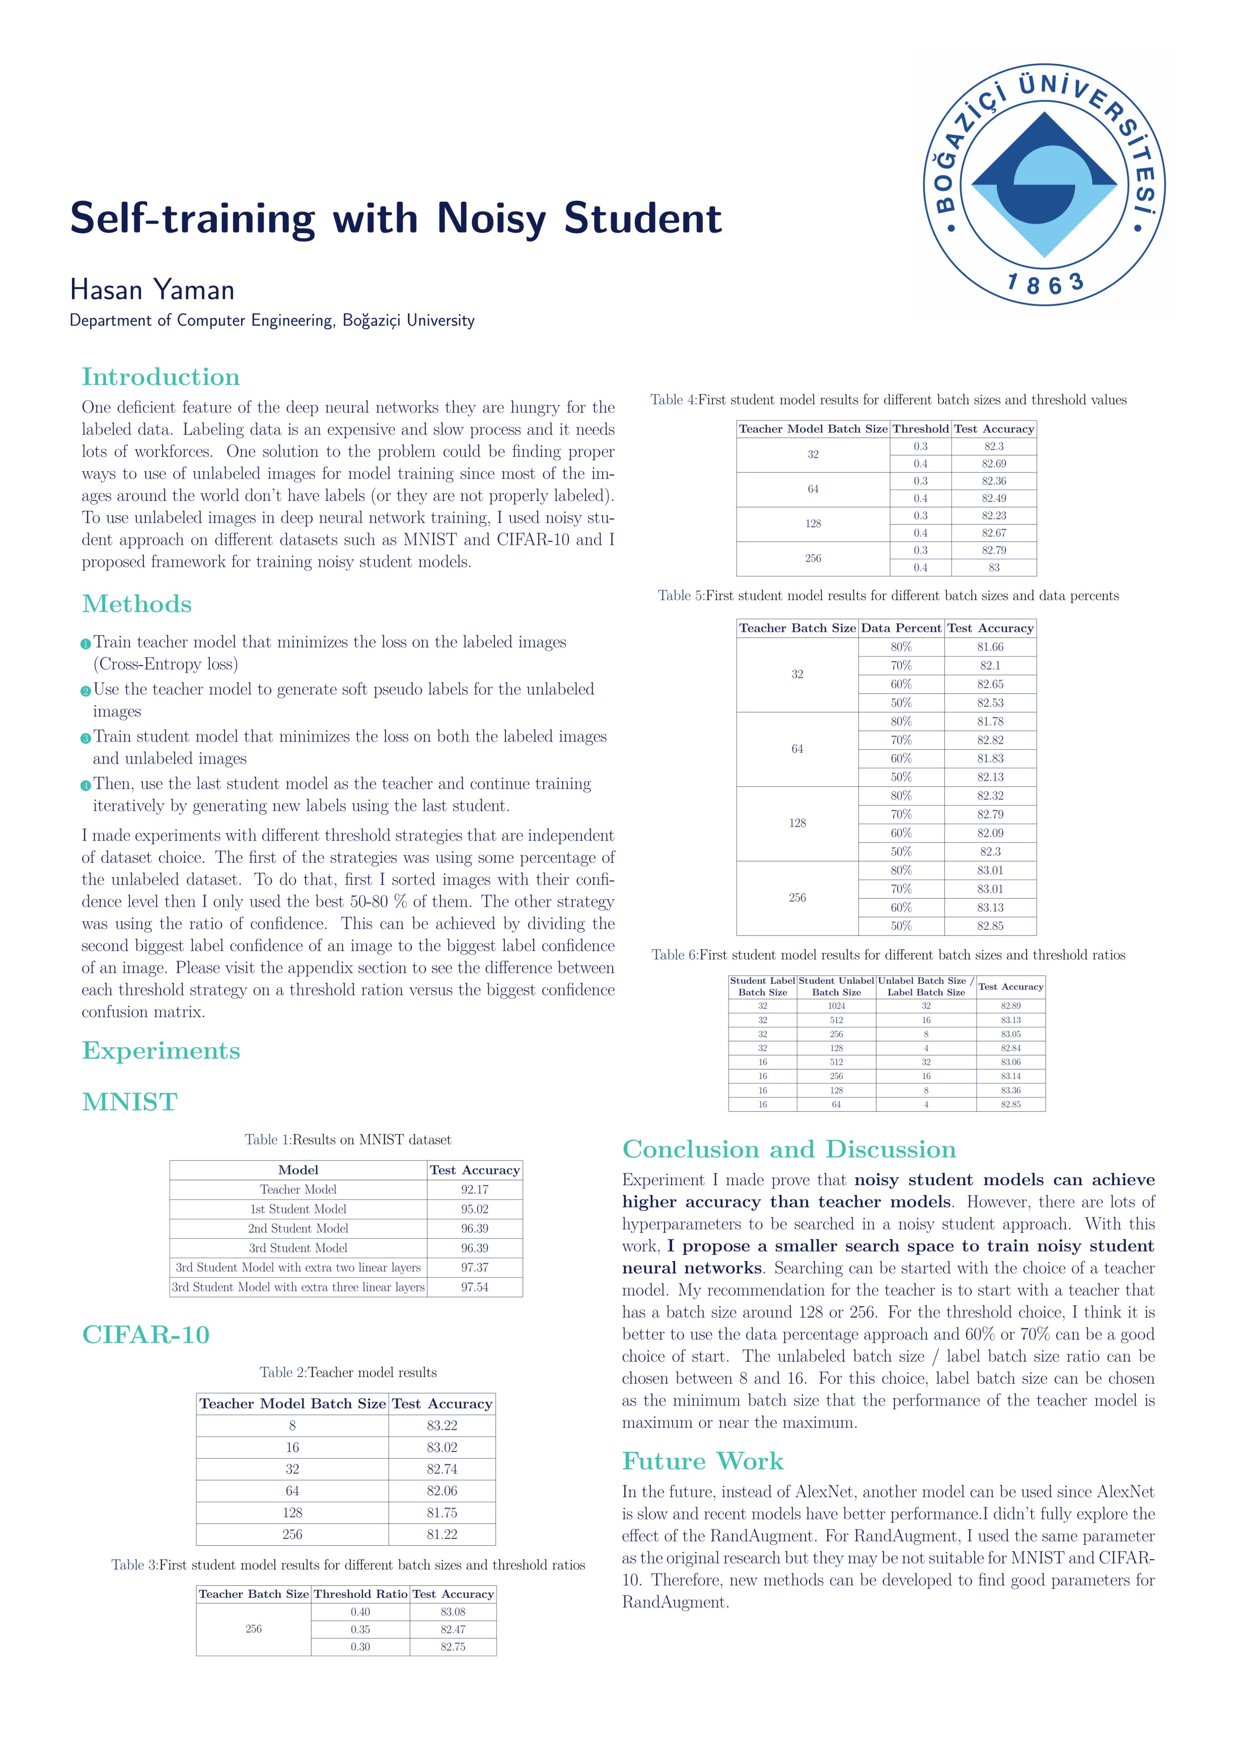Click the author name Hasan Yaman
(x=152, y=290)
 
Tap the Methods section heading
(x=137, y=604)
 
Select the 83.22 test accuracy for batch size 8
(x=442, y=1425)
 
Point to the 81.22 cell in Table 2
(x=442, y=1535)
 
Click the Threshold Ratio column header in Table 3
(x=361, y=1594)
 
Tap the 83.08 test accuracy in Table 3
(x=453, y=1612)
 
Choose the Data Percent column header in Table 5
(x=901, y=628)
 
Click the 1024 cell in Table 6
(x=836, y=1006)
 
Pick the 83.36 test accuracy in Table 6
(x=1011, y=1090)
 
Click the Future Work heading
(x=702, y=1461)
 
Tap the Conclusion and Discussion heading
(x=789, y=1150)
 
